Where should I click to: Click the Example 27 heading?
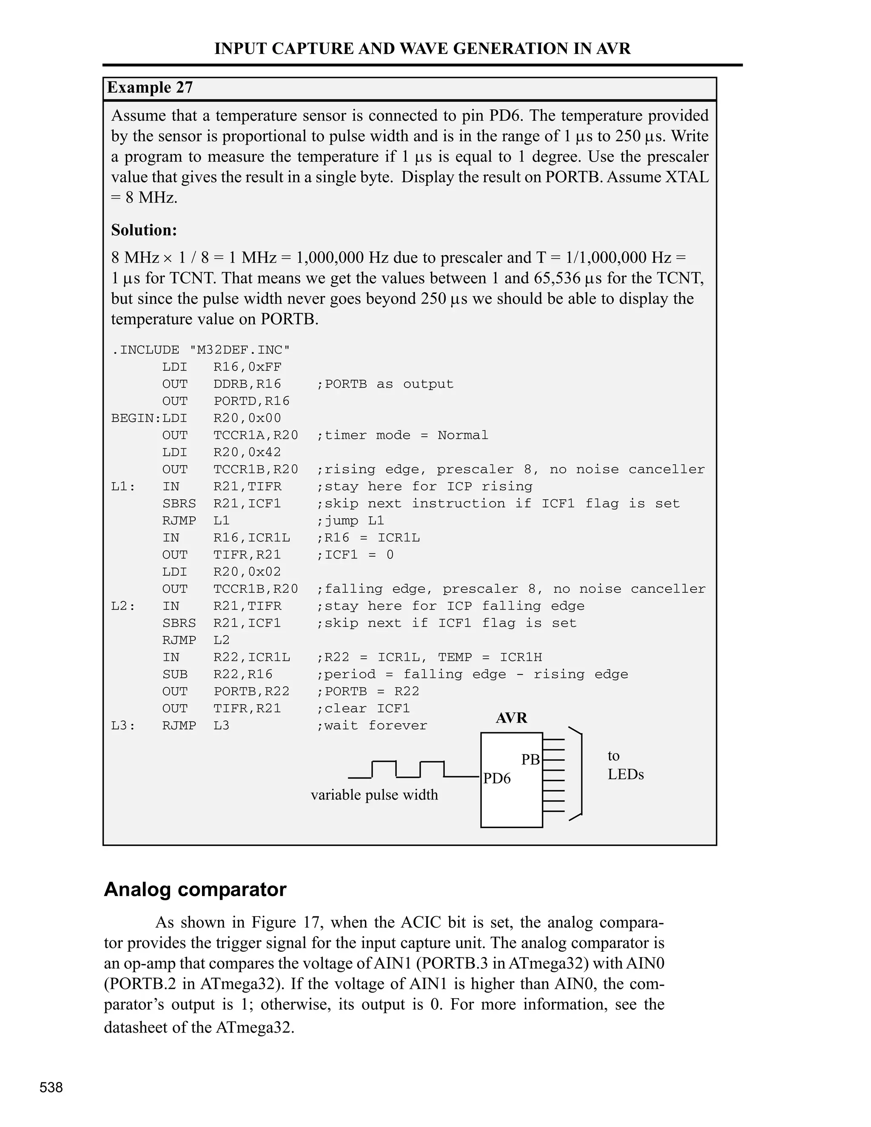click(150, 88)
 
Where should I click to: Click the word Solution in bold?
click(143, 230)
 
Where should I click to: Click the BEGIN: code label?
click(136, 418)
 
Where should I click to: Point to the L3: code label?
click(123, 726)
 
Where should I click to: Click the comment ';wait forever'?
click(372, 726)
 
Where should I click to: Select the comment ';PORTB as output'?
click(384, 384)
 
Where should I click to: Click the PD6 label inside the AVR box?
click(496, 778)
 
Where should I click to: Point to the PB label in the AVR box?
click(530, 760)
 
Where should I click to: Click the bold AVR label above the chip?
click(511, 718)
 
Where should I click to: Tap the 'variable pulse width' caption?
click(374, 795)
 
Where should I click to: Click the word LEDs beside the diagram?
click(625, 774)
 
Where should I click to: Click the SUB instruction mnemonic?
click(174, 674)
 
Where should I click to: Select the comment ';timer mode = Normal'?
click(402, 435)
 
